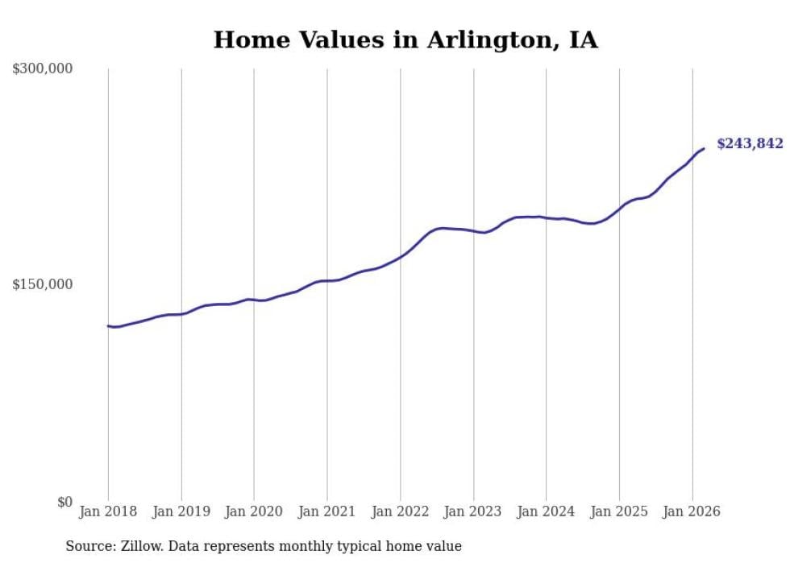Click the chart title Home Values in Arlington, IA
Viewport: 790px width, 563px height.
pyautogui.click(x=405, y=40)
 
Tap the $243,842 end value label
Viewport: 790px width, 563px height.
pyautogui.click(x=749, y=144)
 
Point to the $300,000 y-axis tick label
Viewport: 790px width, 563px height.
pyautogui.click(x=43, y=68)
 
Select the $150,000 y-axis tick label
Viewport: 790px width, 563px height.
pyautogui.click(x=43, y=284)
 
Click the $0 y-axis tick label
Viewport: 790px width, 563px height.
pyautogui.click(x=64, y=502)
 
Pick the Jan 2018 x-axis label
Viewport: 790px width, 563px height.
pyautogui.click(x=108, y=511)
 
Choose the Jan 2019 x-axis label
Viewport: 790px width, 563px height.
pyautogui.click(x=181, y=511)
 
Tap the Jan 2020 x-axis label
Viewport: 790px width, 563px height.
pyautogui.click(x=254, y=511)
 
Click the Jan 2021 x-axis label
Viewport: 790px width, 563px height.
pyautogui.click(x=327, y=511)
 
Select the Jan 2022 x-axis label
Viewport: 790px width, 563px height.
pyautogui.click(x=400, y=511)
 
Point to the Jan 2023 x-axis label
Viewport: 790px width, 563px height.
pyautogui.click(x=473, y=511)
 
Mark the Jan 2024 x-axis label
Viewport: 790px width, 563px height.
pyautogui.click(x=546, y=511)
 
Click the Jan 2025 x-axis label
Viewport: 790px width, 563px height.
pyautogui.click(x=619, y=511)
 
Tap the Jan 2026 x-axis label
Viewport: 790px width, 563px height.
pyautogui.click(x=692, y=511)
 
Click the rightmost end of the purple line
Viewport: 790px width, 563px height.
pyautogui.click(x=704, y=148)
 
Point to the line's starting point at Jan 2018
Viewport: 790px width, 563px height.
pyautogui.click(x=108, y=325)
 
